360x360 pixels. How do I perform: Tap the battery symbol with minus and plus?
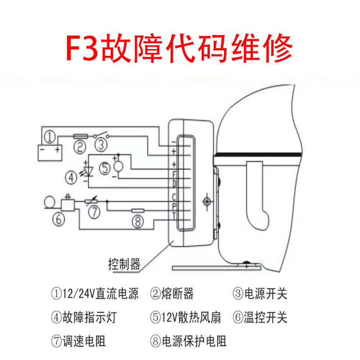click(x=49, y=151)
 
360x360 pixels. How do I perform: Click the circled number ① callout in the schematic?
click(x=51, y=136)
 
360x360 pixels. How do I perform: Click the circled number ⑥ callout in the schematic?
click(x=60, y=219)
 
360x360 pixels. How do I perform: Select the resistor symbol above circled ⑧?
click(x=138, y=210)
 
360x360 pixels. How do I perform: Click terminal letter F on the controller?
click(x=174, y=174)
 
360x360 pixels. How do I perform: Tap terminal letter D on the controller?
click(x=174, y=183)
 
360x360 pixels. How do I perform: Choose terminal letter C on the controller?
click(x=174, y=197)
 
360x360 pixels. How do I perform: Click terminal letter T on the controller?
click(x=174, y=216)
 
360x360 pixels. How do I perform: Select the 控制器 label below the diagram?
click(x=124, y=263)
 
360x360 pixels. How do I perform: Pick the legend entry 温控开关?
click(x=265, y=318)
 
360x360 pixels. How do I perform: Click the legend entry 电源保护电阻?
click(x=194, y=341)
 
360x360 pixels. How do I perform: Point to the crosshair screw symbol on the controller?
click(x=207, y=201)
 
